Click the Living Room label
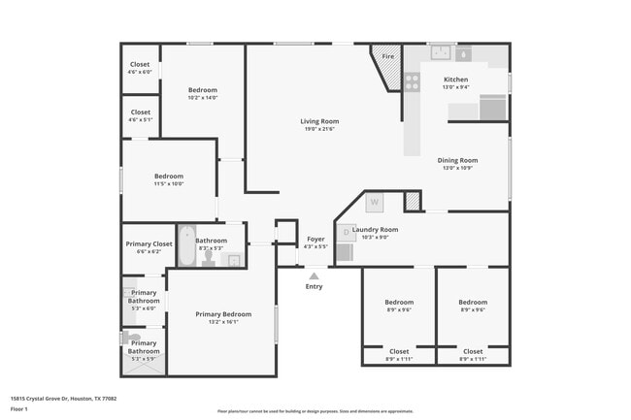(x=318, y=121)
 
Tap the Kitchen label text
(x=455, y=80)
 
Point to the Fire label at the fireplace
(x=387, y=57)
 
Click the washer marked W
(x=374, y=203)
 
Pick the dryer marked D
(x=346, y=232)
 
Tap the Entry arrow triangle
(x=314, y=275)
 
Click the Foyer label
(x=315, y=239)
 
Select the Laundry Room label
(x=375, y=230)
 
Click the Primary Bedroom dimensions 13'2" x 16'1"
(x=223, y=322)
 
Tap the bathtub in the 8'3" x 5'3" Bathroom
(x=184, y=248)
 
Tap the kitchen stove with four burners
(x=412, y=82)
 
